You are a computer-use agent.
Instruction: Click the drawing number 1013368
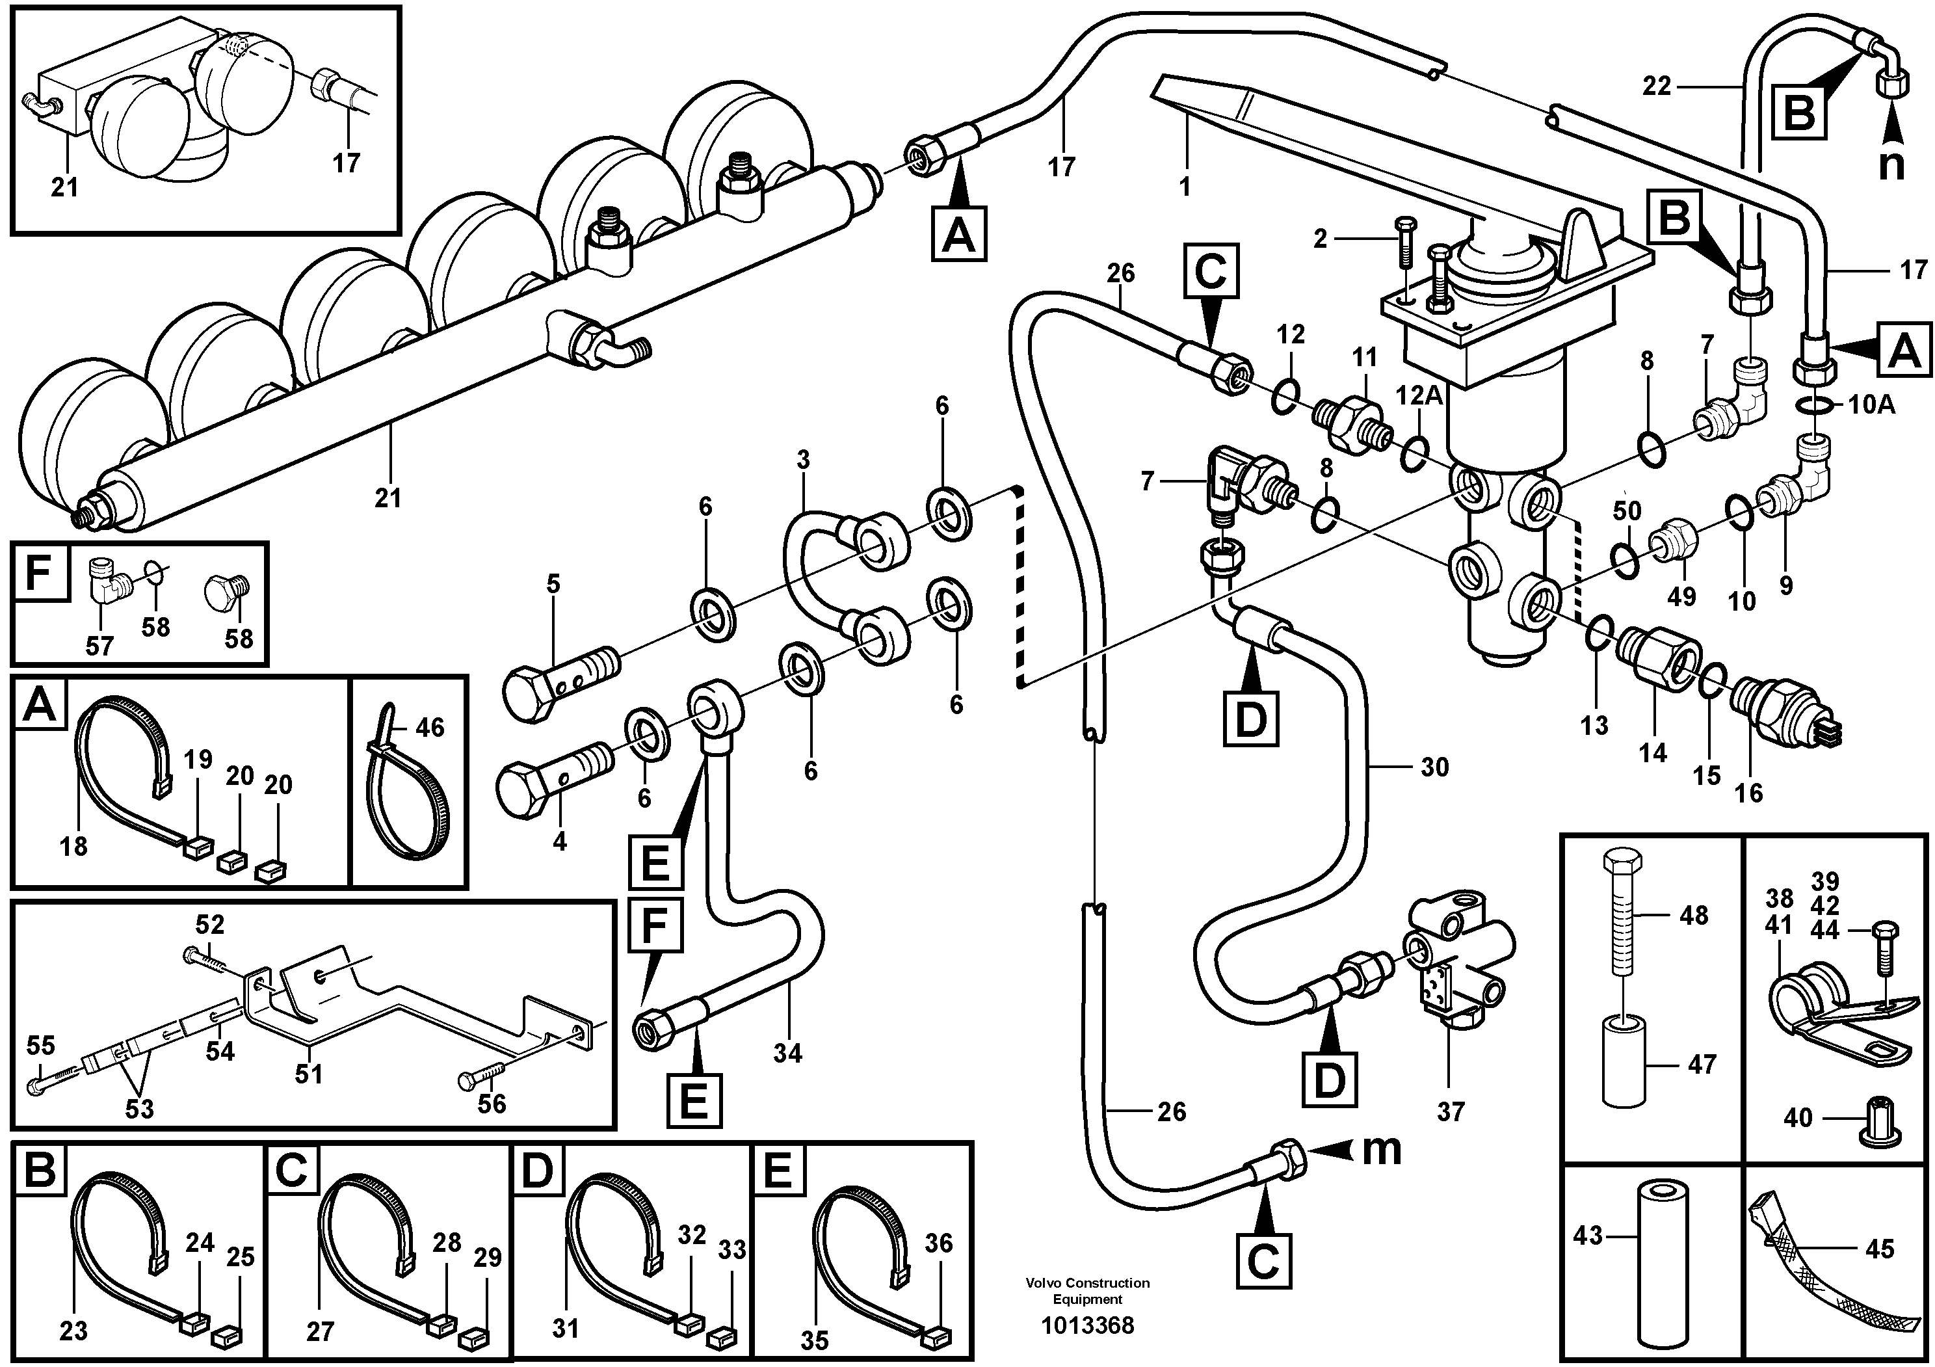[1087, 1325]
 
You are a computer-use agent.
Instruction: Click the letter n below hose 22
[1891, 165]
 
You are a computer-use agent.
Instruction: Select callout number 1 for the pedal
[1185, 186]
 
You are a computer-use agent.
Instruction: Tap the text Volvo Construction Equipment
[1087, 1290]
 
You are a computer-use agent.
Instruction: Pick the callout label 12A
[1419, 395]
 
